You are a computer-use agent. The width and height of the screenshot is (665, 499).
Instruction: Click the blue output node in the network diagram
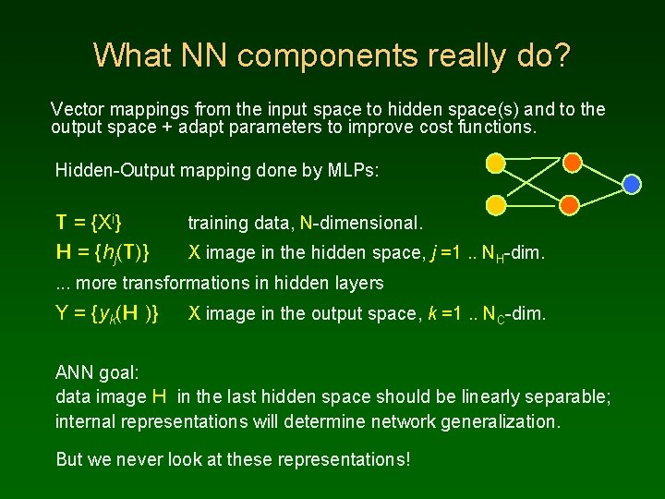pos(632,184)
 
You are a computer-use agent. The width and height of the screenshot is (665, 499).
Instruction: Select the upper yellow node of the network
pos(496,164)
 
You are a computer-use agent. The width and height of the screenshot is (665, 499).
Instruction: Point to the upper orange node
pos(572,164)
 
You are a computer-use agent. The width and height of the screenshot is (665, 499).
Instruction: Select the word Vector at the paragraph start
pos(77,109)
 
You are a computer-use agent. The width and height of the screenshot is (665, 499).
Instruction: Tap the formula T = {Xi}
pos(91,222)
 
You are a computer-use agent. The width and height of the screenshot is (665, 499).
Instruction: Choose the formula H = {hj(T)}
pos(104,251)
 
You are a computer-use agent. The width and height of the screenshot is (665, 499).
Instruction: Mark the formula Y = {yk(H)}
pos(107,314)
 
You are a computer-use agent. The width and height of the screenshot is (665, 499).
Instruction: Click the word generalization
pos(492,422)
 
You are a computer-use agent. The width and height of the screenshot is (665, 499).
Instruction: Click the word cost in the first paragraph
pos(432,128)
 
